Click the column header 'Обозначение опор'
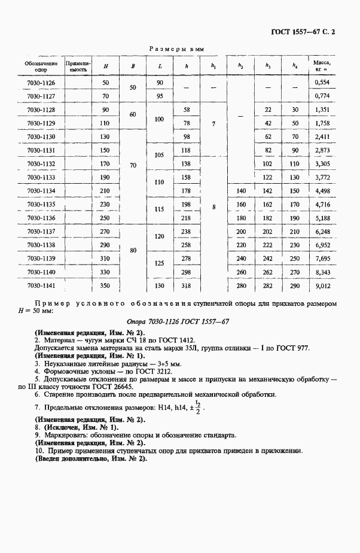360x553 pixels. (x=41, y=65)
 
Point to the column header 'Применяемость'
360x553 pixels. (x=78, y=65)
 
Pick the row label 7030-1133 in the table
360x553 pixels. (x=41, y=177)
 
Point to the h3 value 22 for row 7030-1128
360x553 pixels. (x=267, y=110)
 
